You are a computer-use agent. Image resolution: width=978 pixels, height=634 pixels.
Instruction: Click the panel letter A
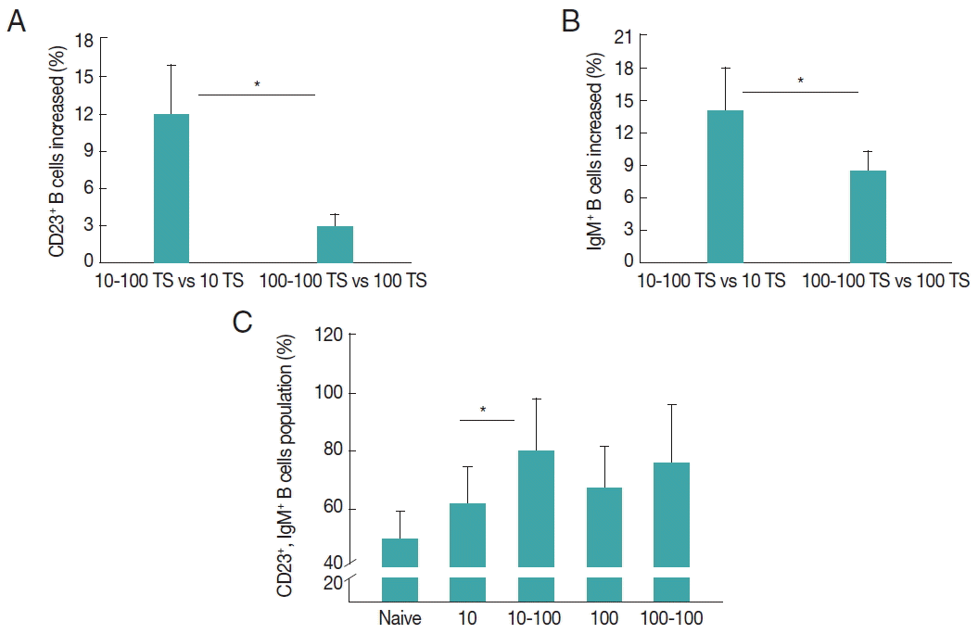pyautogui.click(x=16, y=20)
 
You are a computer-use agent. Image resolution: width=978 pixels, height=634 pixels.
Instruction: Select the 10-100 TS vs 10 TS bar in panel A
pyautogui.click(x=171, y=188)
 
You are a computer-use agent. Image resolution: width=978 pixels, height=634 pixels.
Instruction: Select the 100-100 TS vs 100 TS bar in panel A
pyautogui.click(x=335, y=244)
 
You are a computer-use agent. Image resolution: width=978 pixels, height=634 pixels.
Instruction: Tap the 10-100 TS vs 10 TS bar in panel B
pyautogui.click(x=725, y=186)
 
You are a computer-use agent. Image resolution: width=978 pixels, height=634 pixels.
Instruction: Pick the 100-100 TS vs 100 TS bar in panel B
pyautogui.click(x=868, y=216)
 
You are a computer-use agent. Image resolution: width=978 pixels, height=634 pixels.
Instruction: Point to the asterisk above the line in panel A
pyautogui.click(x=257, y=85)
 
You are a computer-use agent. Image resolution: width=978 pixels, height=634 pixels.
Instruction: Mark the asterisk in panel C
pyautogui.click(x=483, y=410)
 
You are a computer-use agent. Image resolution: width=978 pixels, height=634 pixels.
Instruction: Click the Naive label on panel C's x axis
pyautogui.click(x=400, y=617)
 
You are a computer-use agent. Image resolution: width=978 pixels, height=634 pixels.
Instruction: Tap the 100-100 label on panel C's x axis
pyautogui.click(x=672, y=617)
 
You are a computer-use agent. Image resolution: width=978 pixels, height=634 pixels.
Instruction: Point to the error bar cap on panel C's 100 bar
pyautogui.click(x=604, y=447)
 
